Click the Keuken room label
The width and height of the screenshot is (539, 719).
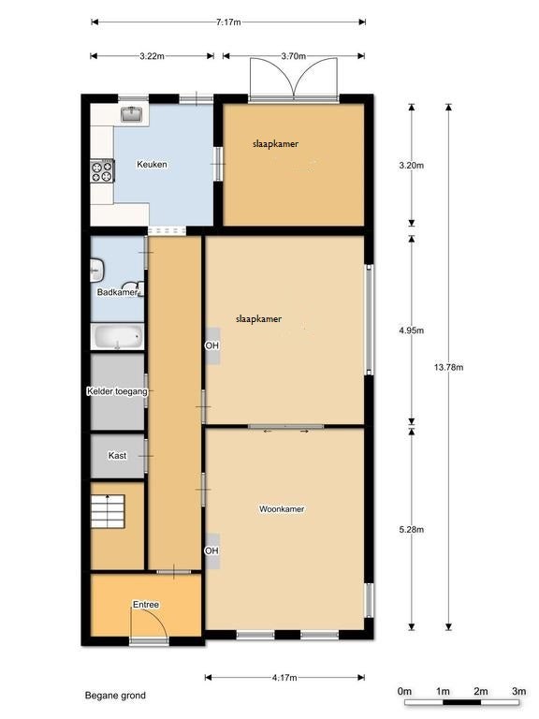click(x=152, y=164)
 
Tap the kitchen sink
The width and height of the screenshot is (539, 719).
click(x=133, y=114)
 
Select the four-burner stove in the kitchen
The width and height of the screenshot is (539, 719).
click(x=102, y=171)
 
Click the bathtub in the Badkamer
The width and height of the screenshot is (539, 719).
click(x=118, y=337)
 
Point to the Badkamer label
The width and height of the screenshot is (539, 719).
click(x=117, y=292)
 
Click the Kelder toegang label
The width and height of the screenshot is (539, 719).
click(x=117, y=391)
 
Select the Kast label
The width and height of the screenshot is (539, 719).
click(x=117, y=456)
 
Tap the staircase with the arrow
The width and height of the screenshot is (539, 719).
click(x=108, y=511)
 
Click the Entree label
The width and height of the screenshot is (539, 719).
click(x=146, y=605)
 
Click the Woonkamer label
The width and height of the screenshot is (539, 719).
click(x=282, y=509)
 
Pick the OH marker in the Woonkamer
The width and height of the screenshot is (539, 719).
click(x=211, y=550)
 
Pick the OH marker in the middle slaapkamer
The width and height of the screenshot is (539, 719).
click(x=211, y=345)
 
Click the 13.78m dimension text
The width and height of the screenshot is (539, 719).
click(x=449, y=367)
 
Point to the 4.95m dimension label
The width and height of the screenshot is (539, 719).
click(x=412, y=330)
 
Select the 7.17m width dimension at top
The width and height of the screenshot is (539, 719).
click(x=228, y=22)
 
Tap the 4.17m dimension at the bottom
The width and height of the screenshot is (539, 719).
click(x=284, y=678)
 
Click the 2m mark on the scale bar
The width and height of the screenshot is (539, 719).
click(x=481, y=692)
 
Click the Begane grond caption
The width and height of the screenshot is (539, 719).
click(x=115, y=696)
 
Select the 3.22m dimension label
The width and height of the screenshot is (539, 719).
click(x=152, y=56)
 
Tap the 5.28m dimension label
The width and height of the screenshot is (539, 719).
click(x=412, y=530)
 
